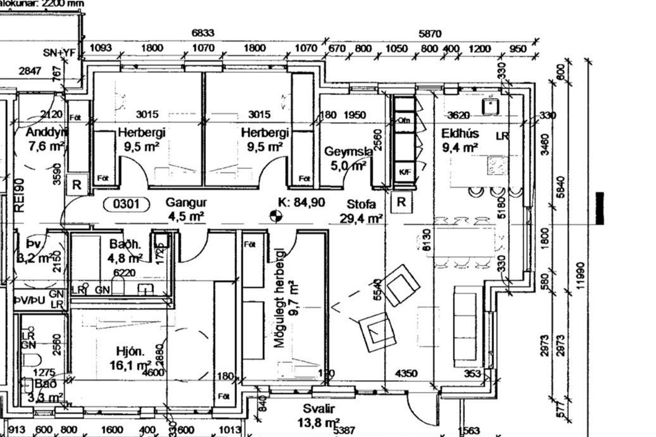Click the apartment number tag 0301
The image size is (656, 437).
point(126,204)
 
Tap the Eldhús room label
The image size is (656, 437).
point(460,133)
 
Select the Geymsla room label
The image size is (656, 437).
point(348,152)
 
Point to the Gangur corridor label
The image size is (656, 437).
point(186,202)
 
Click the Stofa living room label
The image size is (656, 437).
point(361,204)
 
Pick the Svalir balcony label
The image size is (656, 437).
point(318,409)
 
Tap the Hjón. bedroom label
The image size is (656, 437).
point(130,351)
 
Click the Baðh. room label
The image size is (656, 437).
point(125,244)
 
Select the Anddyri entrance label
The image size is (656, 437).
point(46,132)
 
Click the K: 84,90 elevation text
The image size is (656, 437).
point(302,202)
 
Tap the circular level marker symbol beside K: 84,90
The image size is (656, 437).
point(276,216)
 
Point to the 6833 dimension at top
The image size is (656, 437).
point(203,33)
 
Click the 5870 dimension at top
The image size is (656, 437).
point(430,34)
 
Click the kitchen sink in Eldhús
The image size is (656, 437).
point(490,106)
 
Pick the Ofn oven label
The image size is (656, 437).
point(404,120)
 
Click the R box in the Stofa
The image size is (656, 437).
point(401,202)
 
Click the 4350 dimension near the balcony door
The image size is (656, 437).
point(406,373)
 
